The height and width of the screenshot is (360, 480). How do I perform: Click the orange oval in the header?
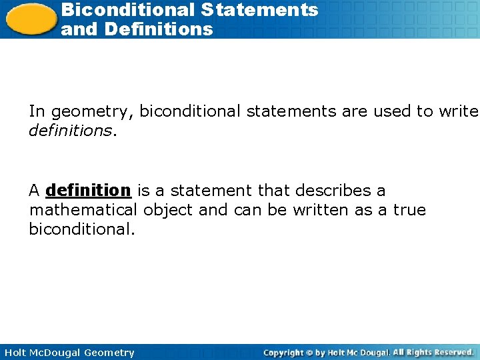[30, 18]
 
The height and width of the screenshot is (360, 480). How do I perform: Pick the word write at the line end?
[459, 111]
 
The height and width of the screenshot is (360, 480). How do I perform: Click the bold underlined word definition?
[88, 191]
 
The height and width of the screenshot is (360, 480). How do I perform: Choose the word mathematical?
[83, 211]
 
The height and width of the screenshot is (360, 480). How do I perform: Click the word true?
[410, 211]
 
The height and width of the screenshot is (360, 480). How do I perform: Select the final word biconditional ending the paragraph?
[81, 230]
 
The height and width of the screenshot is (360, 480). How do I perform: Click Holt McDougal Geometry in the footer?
[69, 353]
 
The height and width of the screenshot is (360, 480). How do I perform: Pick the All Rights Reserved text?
[433, 352]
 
